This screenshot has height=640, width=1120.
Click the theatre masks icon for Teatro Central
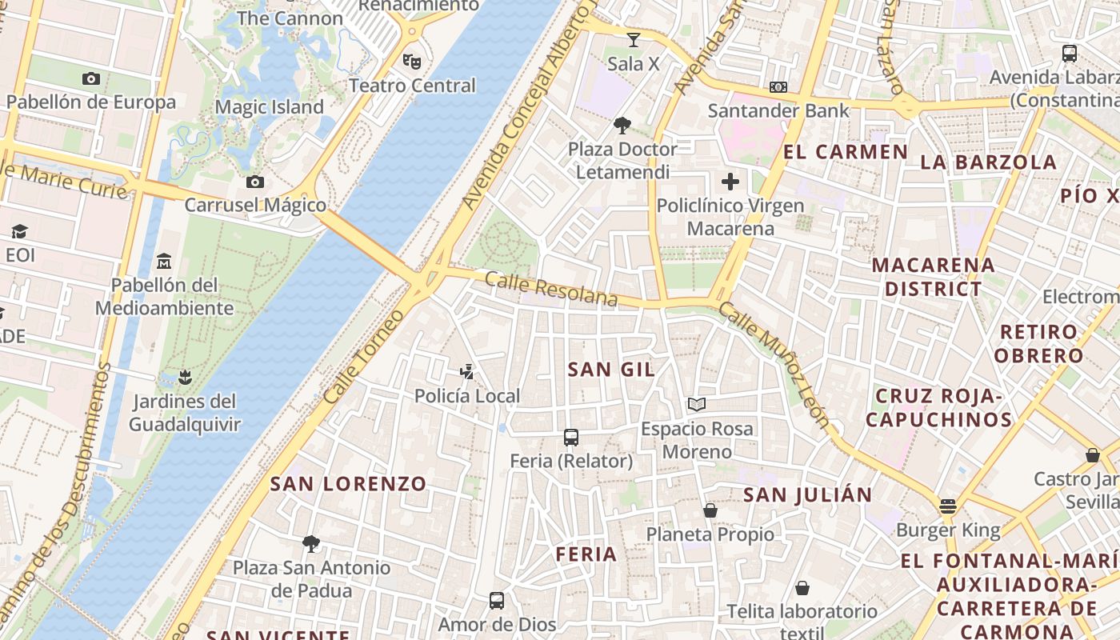412,61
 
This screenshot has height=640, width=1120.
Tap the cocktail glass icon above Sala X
634,39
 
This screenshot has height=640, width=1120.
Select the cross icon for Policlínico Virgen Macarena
730,182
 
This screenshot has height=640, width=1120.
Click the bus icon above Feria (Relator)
571,438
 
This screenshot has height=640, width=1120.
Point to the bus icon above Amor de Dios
497,601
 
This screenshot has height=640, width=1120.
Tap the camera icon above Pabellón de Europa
91,78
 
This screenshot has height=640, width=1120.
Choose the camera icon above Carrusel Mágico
255,182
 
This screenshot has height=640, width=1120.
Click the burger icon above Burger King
948,506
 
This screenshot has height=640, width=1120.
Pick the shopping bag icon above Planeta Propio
710,510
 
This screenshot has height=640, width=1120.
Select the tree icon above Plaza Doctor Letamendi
622,125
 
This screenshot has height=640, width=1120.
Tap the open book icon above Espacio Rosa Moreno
697,405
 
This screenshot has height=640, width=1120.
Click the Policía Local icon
467,371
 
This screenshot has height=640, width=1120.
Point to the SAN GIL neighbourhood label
611,369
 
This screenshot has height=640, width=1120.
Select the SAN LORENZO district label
348,483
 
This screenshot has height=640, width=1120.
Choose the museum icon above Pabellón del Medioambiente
164,261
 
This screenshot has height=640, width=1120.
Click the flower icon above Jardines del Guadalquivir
185,377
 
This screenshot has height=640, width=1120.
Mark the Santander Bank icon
778,86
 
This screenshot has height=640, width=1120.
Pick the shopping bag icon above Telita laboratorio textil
802,589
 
